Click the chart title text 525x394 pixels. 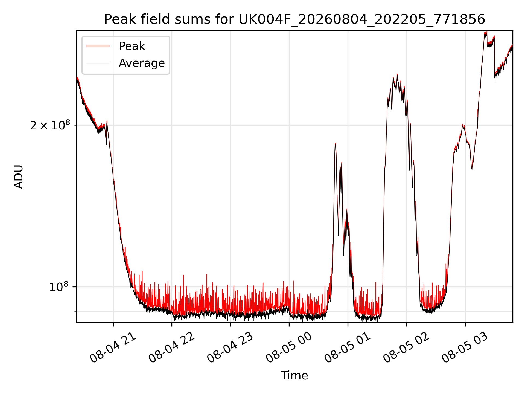click(294, 19)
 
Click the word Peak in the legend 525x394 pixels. click(132, 46)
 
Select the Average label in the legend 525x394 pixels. click(142, 63)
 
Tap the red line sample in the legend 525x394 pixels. click(98, 46)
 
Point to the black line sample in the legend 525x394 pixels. click(98, 63)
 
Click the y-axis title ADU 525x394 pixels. click(19, 176)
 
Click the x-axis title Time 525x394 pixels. click(294, 376)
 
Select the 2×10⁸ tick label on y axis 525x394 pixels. click(50, 125)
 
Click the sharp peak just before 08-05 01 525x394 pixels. click(335, 143)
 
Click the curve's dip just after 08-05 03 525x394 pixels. click(472, 169)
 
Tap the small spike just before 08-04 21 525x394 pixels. click(107, 121)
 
